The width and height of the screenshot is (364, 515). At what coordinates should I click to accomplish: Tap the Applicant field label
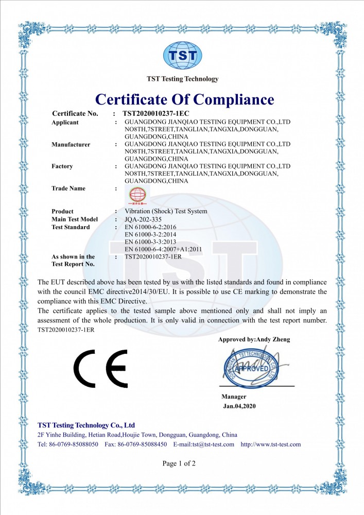(x=65, y=123)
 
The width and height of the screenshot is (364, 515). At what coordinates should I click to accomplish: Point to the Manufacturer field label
(x=71, y=145)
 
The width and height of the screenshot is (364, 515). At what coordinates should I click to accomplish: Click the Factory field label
(x=62, y=166)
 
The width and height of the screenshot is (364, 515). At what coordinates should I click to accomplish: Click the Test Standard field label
(x=71, y=227)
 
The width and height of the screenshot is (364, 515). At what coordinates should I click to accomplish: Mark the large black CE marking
(x=100, y=369)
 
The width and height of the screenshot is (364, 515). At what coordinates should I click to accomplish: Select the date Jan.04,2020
(x=239, y=406)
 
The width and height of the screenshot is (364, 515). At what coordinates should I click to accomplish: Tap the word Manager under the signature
(x=234, y=397)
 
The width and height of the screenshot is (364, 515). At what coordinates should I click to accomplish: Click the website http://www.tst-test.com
(x=271, y=444)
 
